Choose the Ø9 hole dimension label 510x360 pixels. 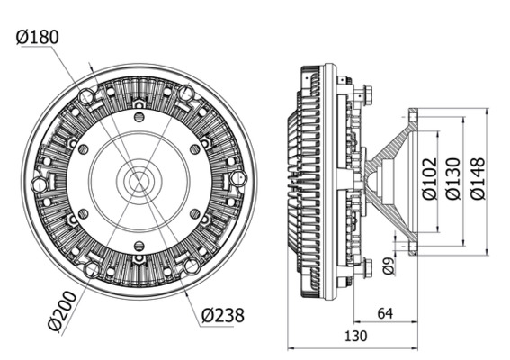point(388,266)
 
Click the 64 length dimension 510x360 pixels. point(385,313)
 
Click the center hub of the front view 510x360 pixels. point(139,180)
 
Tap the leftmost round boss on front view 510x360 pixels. point(39,184)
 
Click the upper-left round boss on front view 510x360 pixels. point(88,95)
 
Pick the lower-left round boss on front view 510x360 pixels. point(92,268)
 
